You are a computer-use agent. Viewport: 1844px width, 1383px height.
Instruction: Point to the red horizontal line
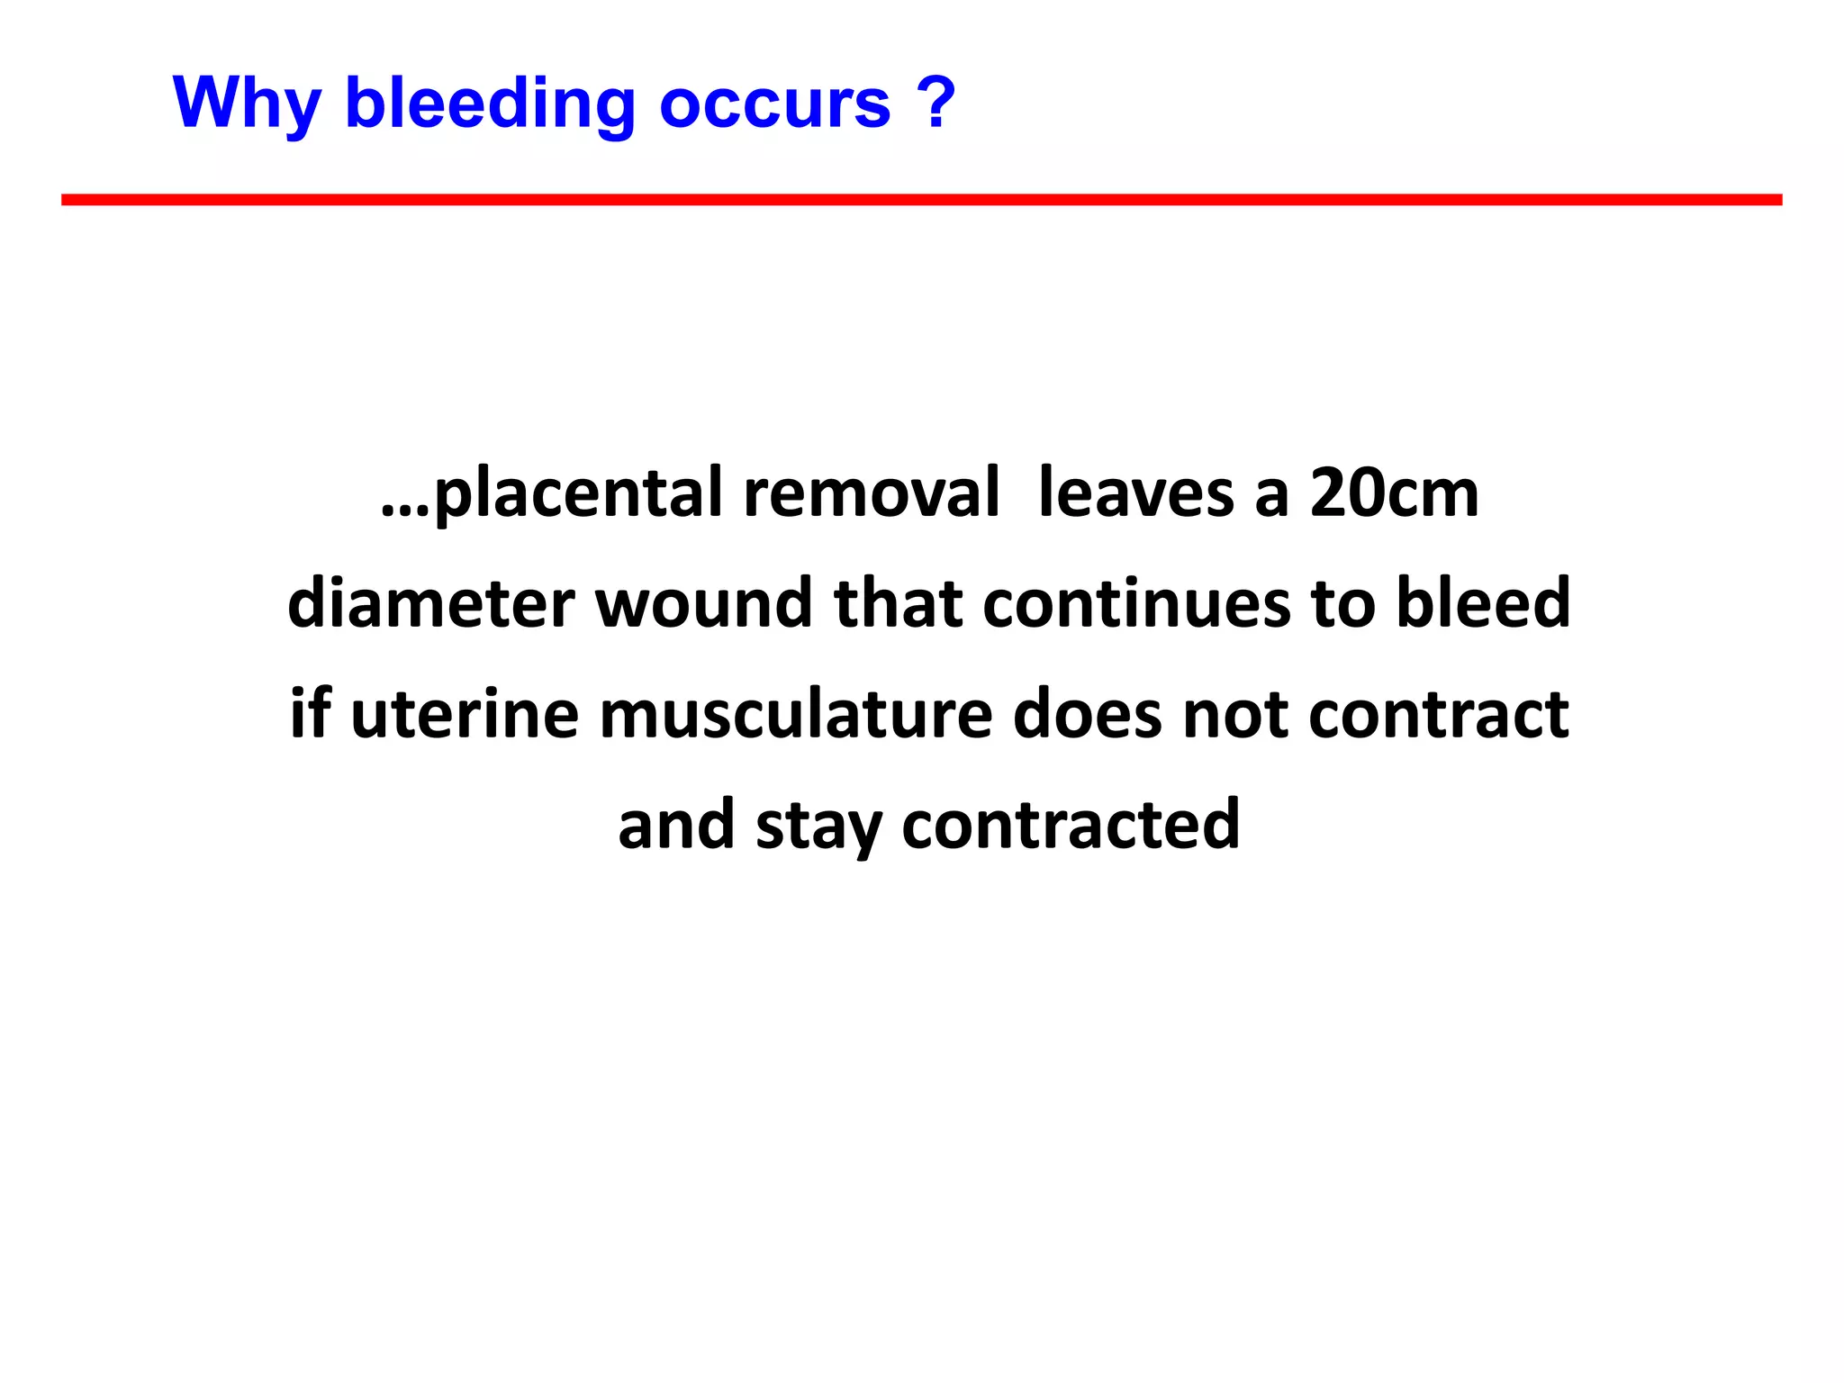(x=921, y=200)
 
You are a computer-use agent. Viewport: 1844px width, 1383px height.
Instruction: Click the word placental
(x=579, y=494)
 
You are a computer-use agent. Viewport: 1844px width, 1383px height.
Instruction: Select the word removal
(x=871, y=494)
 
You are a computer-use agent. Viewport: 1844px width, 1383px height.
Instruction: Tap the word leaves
(x=1135, y=494)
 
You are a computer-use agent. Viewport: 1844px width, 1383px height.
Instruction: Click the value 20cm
(x=1394, y=494)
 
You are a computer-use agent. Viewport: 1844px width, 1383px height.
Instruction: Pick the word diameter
(x=430, y=603)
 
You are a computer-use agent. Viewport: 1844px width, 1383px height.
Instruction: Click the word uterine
(x=464, y=714)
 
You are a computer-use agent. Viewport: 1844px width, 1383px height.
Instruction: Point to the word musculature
(x=795, y=714)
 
